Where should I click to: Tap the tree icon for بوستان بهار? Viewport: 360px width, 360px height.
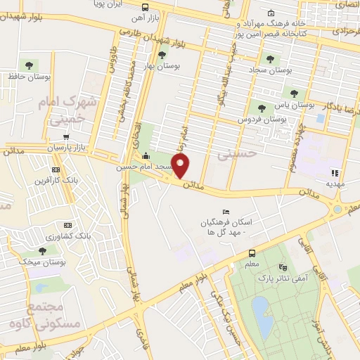coord(162,54)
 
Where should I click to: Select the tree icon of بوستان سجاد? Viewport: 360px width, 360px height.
coord(269,59)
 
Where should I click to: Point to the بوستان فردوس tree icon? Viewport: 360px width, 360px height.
coord(262,108)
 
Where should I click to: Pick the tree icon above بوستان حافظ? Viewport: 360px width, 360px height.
coord(28,65)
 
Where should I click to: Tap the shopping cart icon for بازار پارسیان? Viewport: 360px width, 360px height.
coord(66,138)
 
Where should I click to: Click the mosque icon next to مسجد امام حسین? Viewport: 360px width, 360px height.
coord(146,155)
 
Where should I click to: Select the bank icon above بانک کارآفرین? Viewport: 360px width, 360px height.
coord(56,170)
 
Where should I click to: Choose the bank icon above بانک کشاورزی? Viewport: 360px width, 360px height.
coord(60,226)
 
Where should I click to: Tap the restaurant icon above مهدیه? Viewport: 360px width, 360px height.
coord(335,172)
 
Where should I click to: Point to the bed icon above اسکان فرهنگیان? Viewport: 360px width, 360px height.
coord(225,212)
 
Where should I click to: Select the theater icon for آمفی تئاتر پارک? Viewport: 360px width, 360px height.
coord(283,267)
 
